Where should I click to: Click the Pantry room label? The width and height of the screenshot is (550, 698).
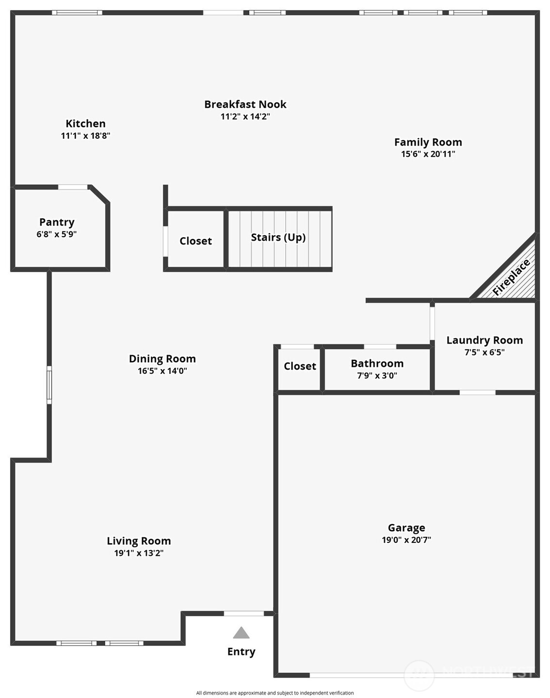(57, 222)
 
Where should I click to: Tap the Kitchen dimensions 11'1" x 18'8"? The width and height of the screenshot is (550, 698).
(85, 136)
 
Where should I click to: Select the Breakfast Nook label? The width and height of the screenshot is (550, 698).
(245, 104)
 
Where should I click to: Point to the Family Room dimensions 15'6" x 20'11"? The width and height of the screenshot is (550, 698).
(428, 154)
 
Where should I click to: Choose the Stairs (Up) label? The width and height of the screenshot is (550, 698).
(278, 237)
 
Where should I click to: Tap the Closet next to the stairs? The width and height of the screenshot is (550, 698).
(195, 241)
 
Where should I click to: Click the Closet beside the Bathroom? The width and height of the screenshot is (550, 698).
(300, 366)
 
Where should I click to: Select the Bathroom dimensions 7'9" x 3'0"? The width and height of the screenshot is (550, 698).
(377, 375)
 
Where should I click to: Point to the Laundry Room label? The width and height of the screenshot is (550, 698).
(485, 341)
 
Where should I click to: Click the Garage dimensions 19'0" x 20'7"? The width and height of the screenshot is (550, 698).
(406, 540)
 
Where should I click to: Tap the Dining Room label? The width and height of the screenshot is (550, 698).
(162, 359)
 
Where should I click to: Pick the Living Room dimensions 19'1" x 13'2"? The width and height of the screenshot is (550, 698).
(139, 553)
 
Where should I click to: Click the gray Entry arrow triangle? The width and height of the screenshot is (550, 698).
(241, 633)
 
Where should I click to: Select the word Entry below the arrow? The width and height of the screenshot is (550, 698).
(241, 652)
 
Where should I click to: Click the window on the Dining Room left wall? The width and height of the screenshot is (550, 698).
(49, 385)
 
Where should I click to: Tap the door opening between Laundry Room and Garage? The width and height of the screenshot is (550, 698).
(477, 392)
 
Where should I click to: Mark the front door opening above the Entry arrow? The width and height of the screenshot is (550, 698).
(243, 614)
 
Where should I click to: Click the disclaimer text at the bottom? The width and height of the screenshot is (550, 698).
(275, 693)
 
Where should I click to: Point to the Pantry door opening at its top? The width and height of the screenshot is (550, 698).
(73, 187)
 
